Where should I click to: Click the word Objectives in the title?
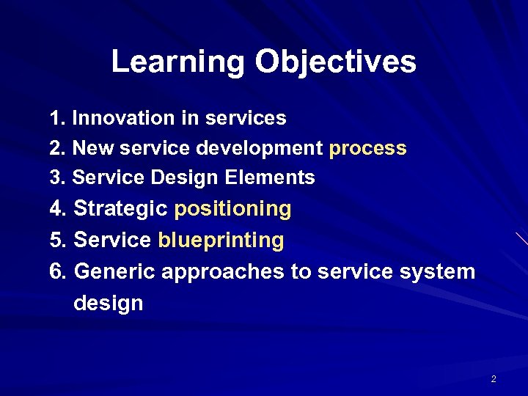point(335,62)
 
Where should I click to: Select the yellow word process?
point(367,149)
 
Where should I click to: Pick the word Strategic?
point(120,209)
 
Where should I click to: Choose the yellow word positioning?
point(232,209)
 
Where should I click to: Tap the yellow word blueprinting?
point(221,241)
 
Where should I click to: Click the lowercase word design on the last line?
point(108,303)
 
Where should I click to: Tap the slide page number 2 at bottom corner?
point(494,379)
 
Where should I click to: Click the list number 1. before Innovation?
point(58,118)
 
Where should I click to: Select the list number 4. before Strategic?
point(59,209)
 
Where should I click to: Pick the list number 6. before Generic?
point(59,272)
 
